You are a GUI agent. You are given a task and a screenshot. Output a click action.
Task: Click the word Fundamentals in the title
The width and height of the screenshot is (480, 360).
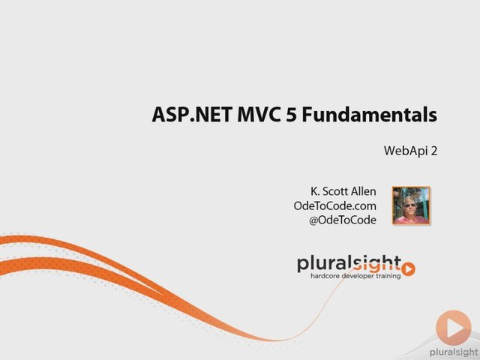(x=370, y=115)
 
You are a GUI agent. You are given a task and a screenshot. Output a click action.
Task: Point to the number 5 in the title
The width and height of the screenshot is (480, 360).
(x=292, y=115)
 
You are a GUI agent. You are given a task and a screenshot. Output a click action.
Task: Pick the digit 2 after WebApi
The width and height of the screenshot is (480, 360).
(x=433, y=151)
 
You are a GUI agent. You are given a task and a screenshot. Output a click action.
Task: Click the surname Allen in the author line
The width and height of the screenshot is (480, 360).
(x=363, y=191)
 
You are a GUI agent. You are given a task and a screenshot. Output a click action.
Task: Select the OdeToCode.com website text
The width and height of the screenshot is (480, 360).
(x=335, y=205)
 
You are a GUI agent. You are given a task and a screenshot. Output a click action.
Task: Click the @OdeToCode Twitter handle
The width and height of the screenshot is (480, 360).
(x=343, y=220)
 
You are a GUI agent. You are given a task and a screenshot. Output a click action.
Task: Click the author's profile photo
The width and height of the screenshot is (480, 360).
(x=411, y=205)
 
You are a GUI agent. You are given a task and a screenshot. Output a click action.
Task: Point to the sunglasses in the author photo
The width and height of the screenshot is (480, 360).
(x=410, y=205)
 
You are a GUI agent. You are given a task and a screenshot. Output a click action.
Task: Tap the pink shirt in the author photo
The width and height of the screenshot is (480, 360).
(x=412, y=220)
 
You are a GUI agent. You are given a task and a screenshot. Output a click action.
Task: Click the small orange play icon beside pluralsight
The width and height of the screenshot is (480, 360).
(x=408, y=269)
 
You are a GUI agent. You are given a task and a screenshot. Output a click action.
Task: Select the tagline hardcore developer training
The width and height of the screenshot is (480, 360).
(x=355, y=276)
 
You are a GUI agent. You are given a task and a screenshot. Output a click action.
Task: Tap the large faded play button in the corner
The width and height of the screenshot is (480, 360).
(x=453, y=328)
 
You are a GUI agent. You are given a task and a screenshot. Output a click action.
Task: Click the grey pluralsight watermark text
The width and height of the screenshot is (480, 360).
(x=454, y=352)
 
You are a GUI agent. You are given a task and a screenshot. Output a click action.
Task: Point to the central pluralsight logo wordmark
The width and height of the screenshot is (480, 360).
(x=349, y=264)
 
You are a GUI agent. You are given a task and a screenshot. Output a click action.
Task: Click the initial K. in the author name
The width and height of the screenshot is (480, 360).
(x=315, y=191)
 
